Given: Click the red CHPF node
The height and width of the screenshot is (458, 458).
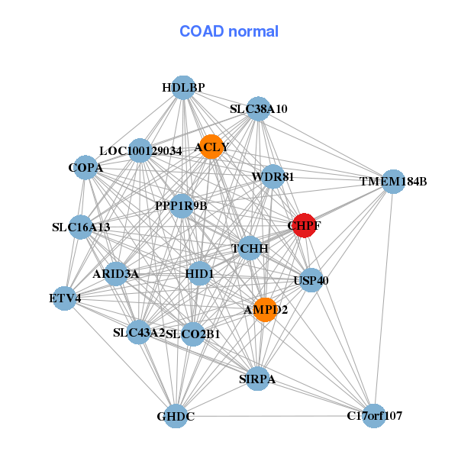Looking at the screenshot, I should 304,225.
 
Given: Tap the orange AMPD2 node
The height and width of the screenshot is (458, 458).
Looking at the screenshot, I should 264,309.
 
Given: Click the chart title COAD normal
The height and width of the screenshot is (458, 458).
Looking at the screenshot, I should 229,32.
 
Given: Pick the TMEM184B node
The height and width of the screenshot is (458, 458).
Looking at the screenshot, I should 392,182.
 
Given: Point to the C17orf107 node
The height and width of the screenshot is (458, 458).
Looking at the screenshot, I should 373,416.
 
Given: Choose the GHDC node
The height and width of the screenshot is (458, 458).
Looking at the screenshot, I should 176,416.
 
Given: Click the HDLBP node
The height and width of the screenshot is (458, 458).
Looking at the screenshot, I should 182,88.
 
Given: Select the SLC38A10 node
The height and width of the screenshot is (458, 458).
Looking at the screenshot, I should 259,109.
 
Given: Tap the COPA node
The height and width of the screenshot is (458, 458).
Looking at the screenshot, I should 85,167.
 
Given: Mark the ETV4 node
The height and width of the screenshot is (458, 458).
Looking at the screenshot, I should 65,298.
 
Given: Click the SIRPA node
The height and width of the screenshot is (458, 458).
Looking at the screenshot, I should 259,379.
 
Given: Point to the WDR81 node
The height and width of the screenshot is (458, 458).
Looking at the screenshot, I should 273,177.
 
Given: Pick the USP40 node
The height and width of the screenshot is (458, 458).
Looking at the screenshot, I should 311,281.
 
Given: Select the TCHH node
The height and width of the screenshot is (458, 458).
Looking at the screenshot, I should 250,249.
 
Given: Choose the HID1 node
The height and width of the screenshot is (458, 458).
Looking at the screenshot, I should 199,273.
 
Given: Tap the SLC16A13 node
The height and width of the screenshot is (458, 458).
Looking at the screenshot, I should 82,227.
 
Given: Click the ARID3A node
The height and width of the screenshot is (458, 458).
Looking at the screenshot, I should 116,273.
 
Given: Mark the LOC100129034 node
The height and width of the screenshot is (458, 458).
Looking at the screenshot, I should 140,150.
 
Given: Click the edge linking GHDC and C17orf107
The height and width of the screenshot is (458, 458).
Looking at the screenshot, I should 275,416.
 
